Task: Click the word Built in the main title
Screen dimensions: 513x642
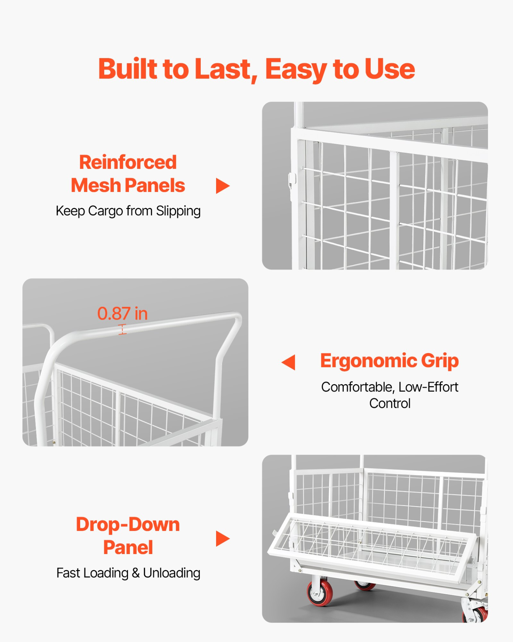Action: click(x=128, y=69)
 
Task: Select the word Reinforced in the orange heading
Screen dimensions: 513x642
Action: click(x=128, y=163)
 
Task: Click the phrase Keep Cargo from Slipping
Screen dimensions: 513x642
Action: click(x=128, y=211)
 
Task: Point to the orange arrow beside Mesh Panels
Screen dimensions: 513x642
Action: click(x=223, y=186)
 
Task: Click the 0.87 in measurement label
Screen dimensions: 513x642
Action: click(x=123, y=313)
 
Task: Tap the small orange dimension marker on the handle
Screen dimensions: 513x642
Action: click(x=123, y=329)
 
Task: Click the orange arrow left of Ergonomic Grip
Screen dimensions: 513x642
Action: click(x=289, y=362)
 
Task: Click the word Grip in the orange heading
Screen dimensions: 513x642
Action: click(x=440, y=361)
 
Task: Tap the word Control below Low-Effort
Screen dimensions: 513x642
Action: click(x=390, y=404)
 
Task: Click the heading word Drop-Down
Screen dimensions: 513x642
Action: click(x=128, y=525)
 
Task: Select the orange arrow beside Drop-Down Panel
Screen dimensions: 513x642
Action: click(x=223, y=539)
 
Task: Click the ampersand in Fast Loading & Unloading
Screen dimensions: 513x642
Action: click(x=136, y=573)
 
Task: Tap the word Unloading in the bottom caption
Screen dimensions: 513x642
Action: click(x=172, y=573)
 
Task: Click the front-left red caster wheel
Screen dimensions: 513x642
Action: click(x=319, y=593)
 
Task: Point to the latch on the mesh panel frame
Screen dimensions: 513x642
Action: click(x=292, y=181)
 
